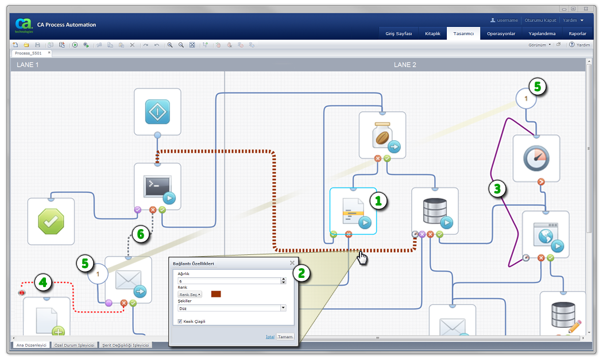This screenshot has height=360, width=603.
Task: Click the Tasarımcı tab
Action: pyautogui.click(x=463, y=34)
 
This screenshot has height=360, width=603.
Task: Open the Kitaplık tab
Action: pyautogui.click(x=432, y=34)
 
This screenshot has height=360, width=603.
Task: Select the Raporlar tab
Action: pyautogui.click(x=577, y=34)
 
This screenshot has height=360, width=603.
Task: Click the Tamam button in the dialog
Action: pyautogui.click(x=285, y=336)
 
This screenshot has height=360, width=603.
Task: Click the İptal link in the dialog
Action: pyautogui.click(x=270, y=336)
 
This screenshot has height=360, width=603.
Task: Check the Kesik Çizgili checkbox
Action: pyautogui.click(x=180, y=322)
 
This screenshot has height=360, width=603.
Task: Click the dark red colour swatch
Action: pyautogui.click(x=217, y=294)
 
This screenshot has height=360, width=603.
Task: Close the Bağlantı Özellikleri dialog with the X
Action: pyautogui.click(x=292, y=263)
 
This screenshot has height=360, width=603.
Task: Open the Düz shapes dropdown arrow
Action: pyautogui.click(x=283, y=308)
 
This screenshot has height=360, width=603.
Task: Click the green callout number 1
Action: pyautogui.click(x=378, y=201)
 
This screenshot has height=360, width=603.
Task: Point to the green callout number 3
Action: pyautogui.click(x=498, y=188)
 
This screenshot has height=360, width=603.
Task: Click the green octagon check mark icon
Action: pyautogui.click(x=51, y=221)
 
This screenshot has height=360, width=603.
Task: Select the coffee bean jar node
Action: pyautogui.click(x=382, y=135)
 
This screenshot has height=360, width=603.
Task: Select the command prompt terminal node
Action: pyautogui.click(x=157, y=187)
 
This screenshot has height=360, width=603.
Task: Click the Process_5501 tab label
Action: pyautogui.click(x=28, y=53)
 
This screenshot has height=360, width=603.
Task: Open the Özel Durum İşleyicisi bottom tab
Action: pyautogui.click(x=73, y=345)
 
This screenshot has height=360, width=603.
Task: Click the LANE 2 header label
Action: pyautogui.click(x=405, y=65)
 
